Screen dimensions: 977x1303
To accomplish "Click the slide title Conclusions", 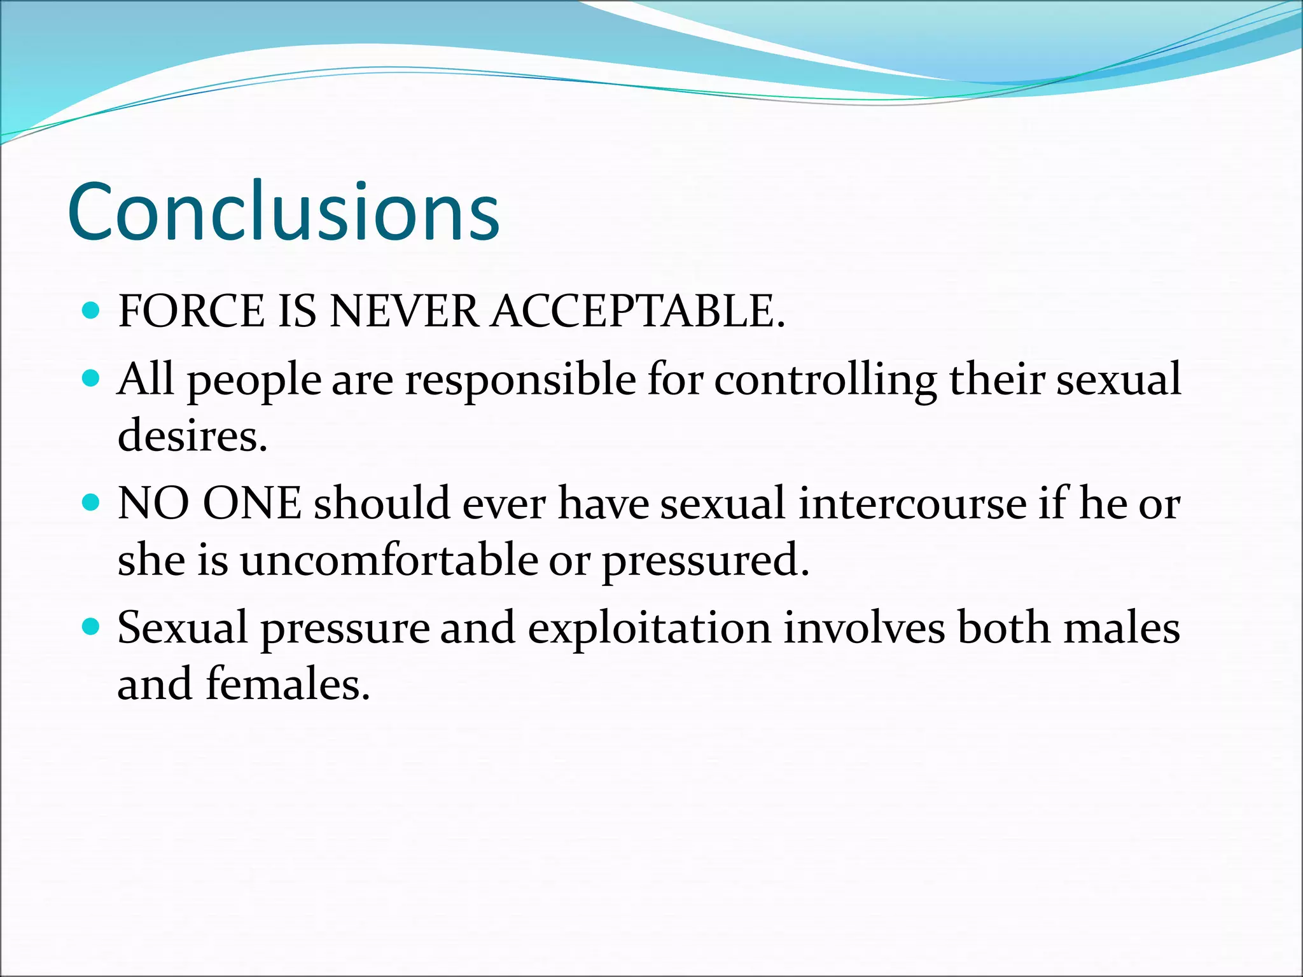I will pyautogui.click(x=283, y=212).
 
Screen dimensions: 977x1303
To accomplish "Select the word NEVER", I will pyautogui.click(x=405, y=312).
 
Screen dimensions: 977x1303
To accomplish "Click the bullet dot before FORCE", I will pyautogui.click(x=92, y=310).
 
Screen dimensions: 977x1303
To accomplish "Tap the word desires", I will pyautogui.click(x=192, y=436).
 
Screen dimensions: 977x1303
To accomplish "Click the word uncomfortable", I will pyautogui.click(x=389, y=560).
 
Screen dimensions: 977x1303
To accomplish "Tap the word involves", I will pyautogui.click(x=863, y=628).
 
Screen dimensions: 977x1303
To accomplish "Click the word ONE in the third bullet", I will pyautogui.click(x=252, y=504).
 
